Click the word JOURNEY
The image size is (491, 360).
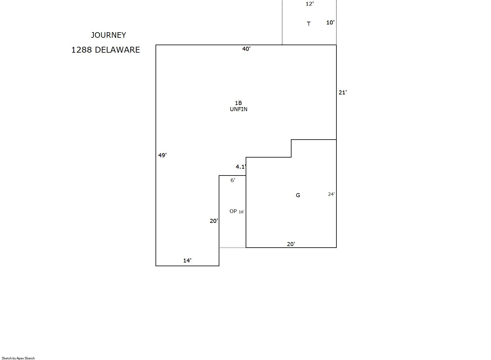tap(108, 35)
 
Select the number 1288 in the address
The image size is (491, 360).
tap(81, 50)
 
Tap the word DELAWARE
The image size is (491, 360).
tap(117, 50)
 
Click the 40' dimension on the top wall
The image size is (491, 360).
tap(246, 49)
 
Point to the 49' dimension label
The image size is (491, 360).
tap(162, 155)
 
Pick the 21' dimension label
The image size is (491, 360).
tap(343, 93)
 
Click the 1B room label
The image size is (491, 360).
tap(238, 103)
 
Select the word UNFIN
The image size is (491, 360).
tap(239, 109)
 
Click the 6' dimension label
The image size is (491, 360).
tap(233, 180)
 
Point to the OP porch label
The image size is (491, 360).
tap(233, 211)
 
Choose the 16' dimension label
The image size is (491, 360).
tap(241, 212)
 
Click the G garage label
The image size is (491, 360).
tap(298, 195)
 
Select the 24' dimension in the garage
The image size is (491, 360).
tap(331, 194)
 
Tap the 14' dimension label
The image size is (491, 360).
tap(187, 261)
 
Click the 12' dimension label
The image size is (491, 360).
tap(309, 4)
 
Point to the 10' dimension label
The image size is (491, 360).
tap(330, 23)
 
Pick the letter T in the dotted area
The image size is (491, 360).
tap(309, 24)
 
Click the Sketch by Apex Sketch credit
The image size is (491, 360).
tap(18, 358)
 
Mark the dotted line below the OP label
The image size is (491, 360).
tap(233, 248)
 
